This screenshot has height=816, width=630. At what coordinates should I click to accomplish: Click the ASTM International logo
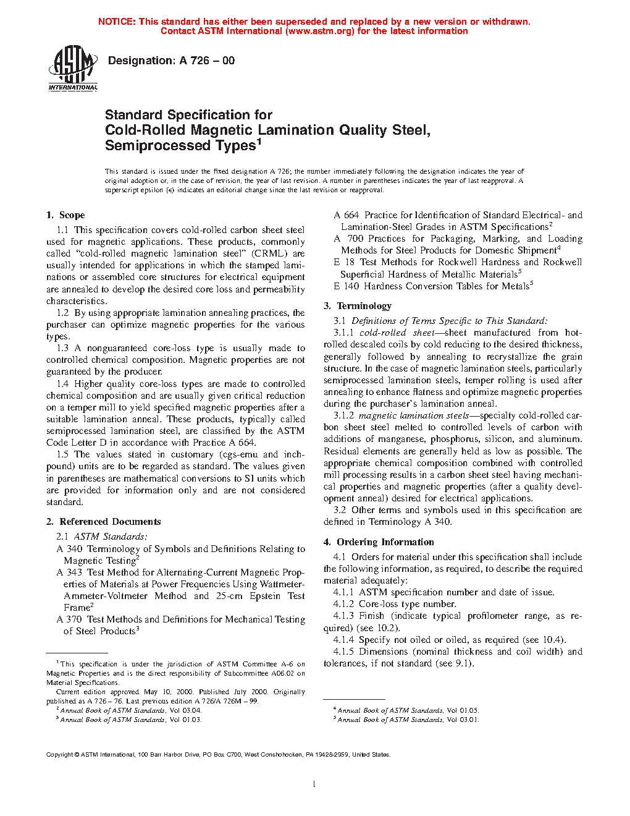73,69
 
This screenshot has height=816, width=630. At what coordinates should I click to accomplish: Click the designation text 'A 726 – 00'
207,61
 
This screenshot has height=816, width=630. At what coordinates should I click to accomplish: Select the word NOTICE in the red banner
117,22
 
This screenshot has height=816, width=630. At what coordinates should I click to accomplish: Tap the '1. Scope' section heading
65,215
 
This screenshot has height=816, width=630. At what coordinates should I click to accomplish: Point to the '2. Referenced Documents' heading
104,522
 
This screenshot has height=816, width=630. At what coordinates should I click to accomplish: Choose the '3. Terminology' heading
358,306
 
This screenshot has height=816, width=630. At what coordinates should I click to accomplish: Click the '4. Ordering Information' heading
379,542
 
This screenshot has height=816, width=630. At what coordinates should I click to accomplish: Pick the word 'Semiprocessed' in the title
149,146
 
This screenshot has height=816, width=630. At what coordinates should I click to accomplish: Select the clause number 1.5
62,454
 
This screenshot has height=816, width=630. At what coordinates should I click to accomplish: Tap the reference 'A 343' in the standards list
69,572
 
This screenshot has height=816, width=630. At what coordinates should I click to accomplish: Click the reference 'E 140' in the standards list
346,286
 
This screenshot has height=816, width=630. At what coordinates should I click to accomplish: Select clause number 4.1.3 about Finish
343,616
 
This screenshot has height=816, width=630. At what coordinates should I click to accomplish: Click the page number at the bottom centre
314,784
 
